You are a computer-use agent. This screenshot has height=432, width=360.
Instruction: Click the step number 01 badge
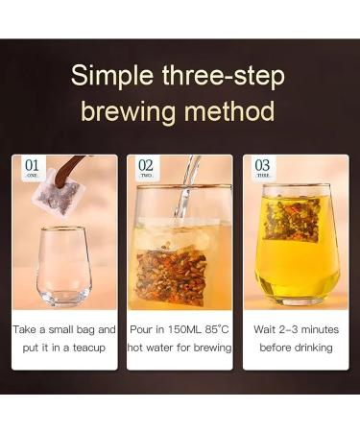pos(33,168)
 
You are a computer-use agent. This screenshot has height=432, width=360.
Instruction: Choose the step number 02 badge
pos(145,168)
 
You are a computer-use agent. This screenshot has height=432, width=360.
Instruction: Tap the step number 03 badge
pos(261,168)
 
